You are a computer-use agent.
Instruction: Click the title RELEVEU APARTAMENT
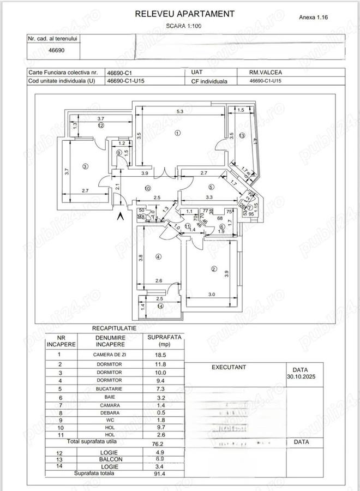click(185, 14)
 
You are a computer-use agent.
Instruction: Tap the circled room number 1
click(177, 133)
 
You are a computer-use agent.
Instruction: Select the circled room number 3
click(85, 166)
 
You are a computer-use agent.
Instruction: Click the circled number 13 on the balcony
click(242, 136)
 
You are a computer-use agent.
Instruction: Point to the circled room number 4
click(158, 256)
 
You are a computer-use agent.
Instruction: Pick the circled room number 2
click(213, 268)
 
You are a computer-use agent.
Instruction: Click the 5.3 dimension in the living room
click(180, 112)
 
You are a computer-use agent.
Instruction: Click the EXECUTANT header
click(229, 368)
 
